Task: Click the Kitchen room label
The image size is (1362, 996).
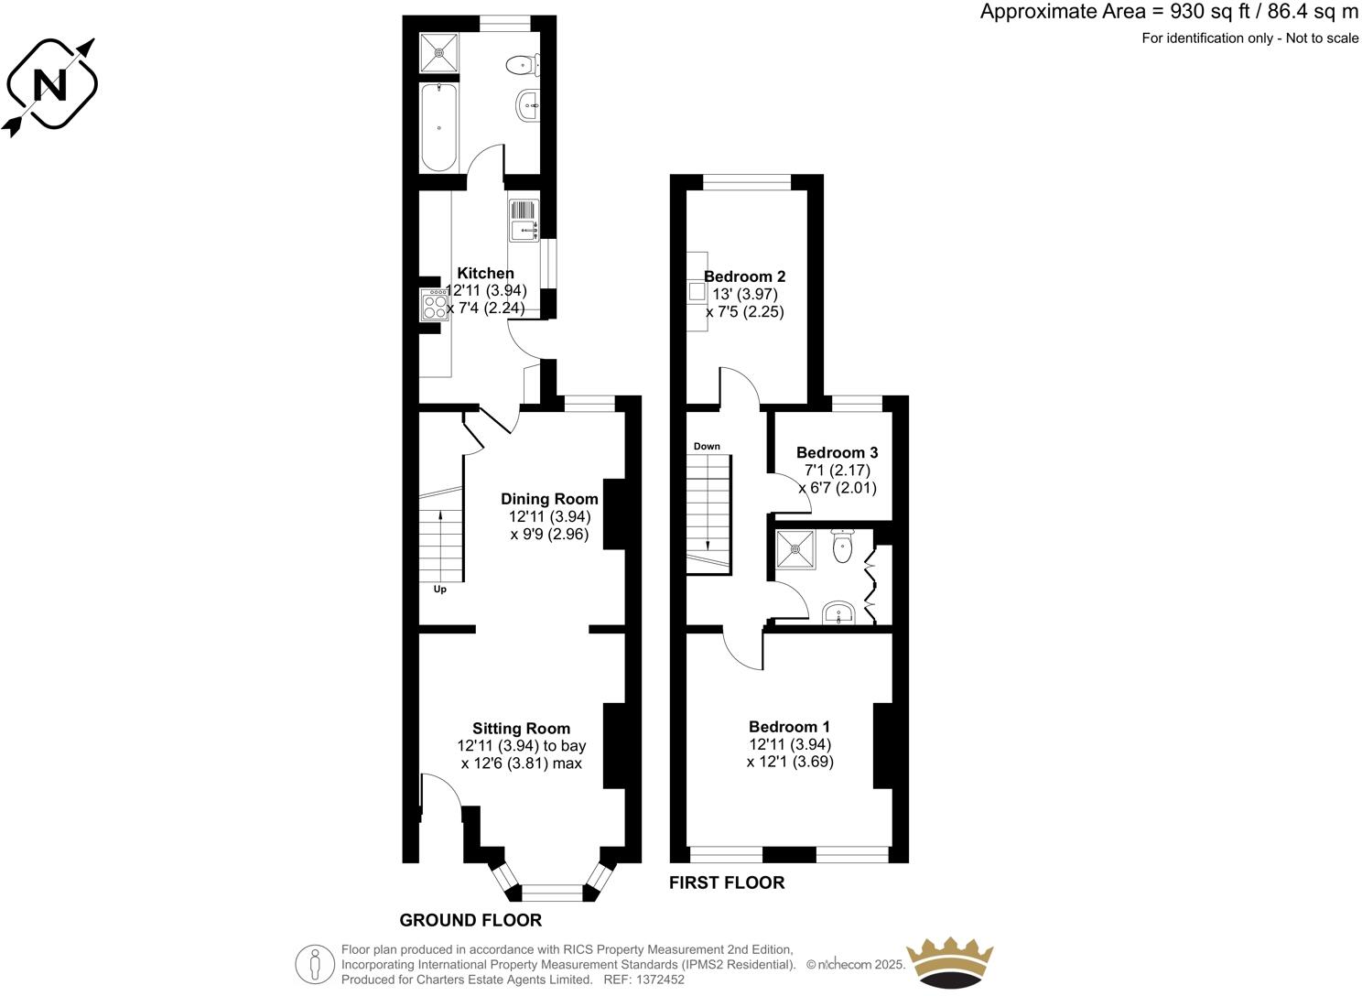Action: coord(485,273)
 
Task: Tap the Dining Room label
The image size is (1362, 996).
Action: coord(549,499)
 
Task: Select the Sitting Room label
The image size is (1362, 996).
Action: coord(521,729)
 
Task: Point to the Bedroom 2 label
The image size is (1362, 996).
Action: coord(744,276)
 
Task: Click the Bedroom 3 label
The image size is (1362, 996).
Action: coord(837,452)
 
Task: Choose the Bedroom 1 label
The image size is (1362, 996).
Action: coord(789,727)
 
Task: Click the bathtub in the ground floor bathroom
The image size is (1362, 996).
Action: coord(439,126)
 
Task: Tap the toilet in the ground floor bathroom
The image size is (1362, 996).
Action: coord(522,64)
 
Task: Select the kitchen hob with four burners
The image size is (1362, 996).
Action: coord(434,304)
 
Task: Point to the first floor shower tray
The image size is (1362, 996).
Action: coord(795,549)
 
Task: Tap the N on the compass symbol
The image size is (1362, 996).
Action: coord(49,85)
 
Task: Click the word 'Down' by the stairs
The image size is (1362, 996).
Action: coord(707,447)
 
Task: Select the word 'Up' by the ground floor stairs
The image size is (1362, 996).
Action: coord(439,590)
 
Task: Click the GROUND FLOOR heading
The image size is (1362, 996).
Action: coord(470,920)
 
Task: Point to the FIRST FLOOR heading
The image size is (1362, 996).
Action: coord(727,882)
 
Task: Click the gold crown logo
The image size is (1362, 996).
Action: coord(948,961)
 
